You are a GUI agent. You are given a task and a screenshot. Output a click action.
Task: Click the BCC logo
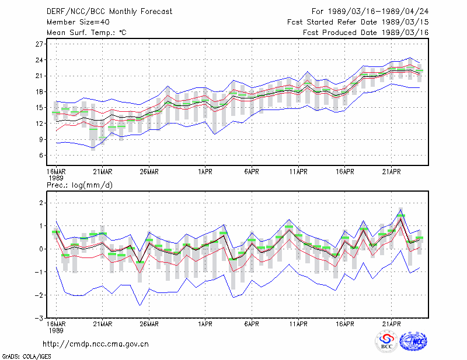pos(386,341)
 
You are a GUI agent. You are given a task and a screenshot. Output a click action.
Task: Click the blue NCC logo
pos(413,341)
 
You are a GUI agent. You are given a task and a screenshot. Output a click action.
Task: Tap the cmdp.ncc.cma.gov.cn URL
pos(96,344)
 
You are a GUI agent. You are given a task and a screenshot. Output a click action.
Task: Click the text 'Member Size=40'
pos(78,22)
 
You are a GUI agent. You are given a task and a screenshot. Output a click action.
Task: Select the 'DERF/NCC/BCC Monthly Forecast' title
pos(109,12)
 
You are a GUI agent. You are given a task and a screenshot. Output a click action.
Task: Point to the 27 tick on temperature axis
pos(39,44)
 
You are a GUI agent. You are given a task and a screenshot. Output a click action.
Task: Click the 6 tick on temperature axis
pos(41,155)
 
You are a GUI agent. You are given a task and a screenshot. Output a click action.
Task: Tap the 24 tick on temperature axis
pos(39,60)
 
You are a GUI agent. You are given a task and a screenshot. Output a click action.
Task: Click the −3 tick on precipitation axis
pos(39,318)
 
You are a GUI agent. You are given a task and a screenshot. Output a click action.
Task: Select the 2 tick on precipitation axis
pos(41,203)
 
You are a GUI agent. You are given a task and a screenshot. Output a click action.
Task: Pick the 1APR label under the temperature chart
pos(205,171)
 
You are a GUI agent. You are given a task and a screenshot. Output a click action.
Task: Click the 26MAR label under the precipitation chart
pos(149,324)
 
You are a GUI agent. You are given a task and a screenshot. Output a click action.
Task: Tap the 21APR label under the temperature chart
pos(391,171)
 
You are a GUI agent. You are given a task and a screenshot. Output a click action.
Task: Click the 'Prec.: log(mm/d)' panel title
pos(79,185)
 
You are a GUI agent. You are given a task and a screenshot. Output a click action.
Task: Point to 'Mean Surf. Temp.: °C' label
pos(86,33)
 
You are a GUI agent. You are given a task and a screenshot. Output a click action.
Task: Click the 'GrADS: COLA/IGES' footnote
pos(26,357)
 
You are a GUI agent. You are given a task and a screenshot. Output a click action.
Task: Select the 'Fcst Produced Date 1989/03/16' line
pos(366,33)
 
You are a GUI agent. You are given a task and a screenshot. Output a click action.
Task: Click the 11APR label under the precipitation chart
pos(298,324)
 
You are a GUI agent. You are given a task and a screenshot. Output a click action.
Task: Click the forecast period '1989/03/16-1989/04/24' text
pos(378,12)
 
